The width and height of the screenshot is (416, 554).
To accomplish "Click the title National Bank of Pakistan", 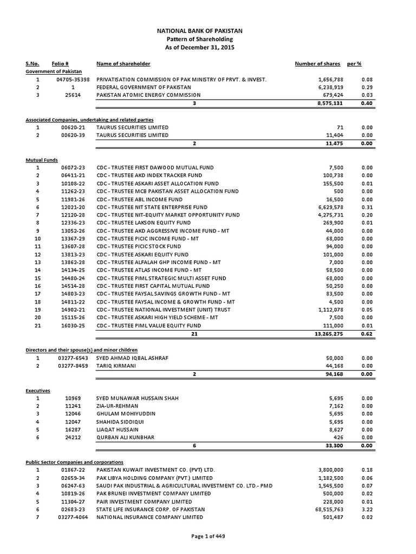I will point(207,31).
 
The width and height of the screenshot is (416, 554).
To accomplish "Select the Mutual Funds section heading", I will point(41,160).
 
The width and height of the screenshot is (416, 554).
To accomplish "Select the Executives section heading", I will point(38,390).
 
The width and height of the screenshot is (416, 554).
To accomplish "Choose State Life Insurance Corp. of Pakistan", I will point(151,510).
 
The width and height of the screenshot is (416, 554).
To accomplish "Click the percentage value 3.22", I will point(368,510).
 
